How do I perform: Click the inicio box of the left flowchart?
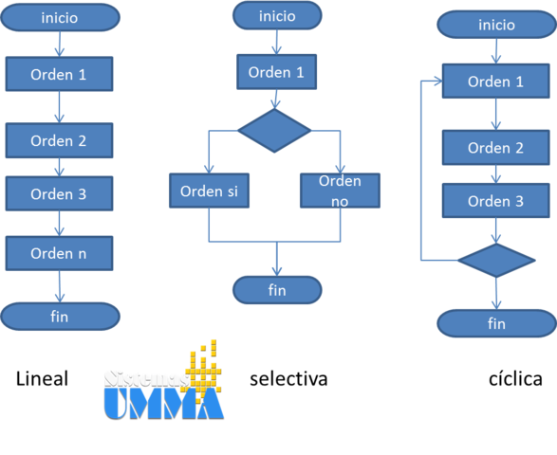point(60,17)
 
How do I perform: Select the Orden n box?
point(59,253)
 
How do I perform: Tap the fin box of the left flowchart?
point(60,317)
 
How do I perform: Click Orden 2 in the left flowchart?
point(59,141)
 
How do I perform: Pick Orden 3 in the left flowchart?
point(59,194)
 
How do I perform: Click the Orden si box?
point(209,191)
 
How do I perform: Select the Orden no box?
point(340,191)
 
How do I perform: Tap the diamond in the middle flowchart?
point(274,131)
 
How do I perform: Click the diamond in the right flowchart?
point(496,260)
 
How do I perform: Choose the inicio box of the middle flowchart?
point(276,16)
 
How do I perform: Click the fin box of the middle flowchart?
point(276,290)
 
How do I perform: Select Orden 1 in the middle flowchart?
point(276,72)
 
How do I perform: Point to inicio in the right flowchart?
point(496,26)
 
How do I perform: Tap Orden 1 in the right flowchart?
point(496,82)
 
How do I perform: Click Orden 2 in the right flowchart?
point(496,148)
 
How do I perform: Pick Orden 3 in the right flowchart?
point(496,201)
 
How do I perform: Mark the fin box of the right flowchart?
point(496,324)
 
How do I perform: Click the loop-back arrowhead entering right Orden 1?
point(437,82)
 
